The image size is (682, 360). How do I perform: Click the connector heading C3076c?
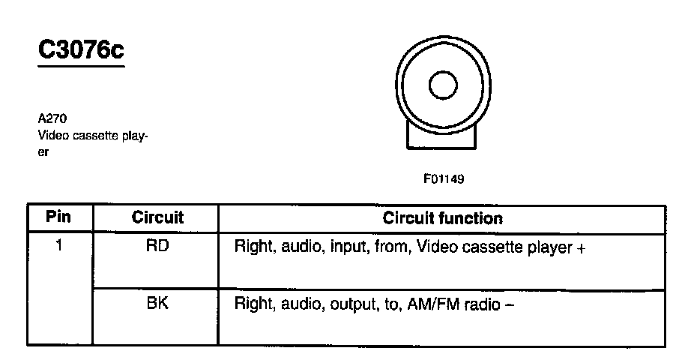pyautogui.click(x=81, y=50)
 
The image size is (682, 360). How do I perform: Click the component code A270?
pyautogui.click(x=51, y=118)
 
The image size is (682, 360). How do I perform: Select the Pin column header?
pyautogui.click(x=58, y=218)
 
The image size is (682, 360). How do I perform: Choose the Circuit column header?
pyautogui.click(x=157, y=218)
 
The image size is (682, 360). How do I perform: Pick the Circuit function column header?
pyautogui.click(x=442, y=218)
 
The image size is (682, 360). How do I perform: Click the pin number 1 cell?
pyautogui.click(x=58, y=245)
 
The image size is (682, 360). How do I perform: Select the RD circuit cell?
pyautogui.click(x=157, y=245)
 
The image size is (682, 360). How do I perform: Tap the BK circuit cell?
pyautogui.click(x=157, y=304)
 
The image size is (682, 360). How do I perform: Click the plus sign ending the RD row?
pyautogui.click(x=580, y=247)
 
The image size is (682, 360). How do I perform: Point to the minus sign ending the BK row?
pyautogui.click(x=510, y=305)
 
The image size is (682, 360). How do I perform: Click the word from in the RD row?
pyautogui.click(x=383, y=247)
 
